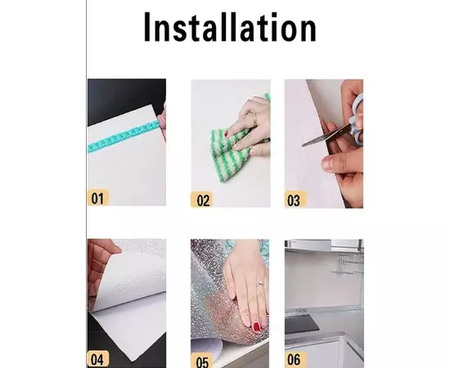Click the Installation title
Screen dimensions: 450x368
tap(230, 27)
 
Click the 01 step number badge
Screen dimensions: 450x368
tap(98, 197)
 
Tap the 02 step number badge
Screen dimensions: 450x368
tap(202, 200)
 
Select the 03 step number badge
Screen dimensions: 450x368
tap(295, 200)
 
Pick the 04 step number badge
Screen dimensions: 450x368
tap(98, 359)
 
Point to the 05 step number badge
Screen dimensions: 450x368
tap(202, 361)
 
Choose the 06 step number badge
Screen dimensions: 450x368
tap(295, 359)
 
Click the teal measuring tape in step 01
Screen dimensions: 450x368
tap(123, 136)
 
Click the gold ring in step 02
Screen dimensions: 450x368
tap(254, 119)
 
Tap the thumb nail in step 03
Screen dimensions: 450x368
tap(327, 164)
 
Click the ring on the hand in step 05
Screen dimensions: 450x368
tap(260, 284)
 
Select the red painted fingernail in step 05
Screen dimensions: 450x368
tap(256, 326)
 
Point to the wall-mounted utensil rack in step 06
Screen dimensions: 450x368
tap(347, 264)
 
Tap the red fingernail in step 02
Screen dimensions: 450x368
tap(227, 133)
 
